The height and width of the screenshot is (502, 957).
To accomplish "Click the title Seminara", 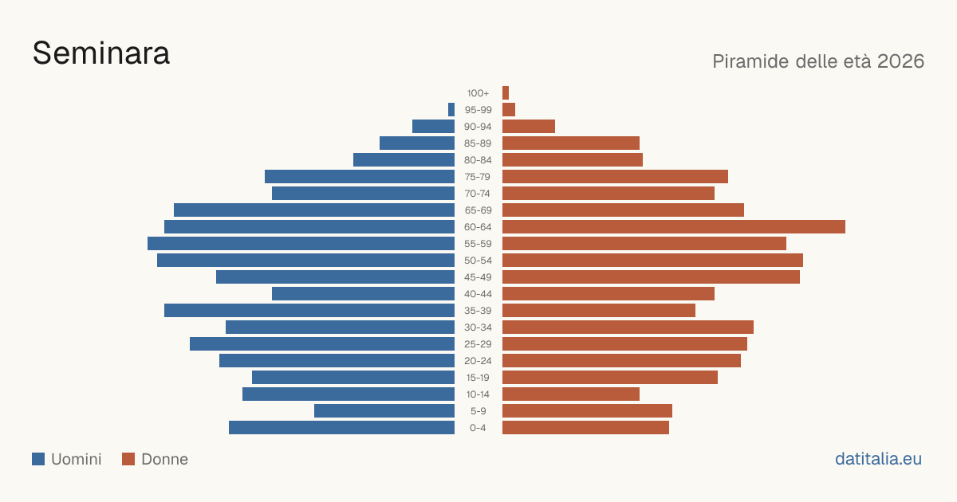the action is pyautogui.click(x=101, y=53).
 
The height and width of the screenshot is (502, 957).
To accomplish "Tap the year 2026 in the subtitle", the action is pyautogui.click(x=900, y=61).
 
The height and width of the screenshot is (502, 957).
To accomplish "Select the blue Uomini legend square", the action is pyautogui.click(x=38, y=459).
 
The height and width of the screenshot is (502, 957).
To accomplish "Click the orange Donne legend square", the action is pyautogui.click(x=128, y=459).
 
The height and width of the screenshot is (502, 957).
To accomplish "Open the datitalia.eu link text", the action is pyautogui.click(x=878, y=459).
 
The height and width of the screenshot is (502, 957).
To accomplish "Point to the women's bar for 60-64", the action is pyautogui.click(x=674, y=226).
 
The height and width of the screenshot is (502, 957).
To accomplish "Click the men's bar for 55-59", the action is pyautogui.click(x=301, y=243).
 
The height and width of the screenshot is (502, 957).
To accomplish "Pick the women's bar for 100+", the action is pyautogui.click(x=506, y=92).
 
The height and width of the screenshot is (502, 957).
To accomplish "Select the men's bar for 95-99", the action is pyautogui.click(x=451, y=110).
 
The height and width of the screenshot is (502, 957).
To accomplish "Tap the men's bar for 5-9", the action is pyautogui.click(x=384, y=410).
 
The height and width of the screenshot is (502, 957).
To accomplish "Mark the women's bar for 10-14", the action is pyautogui.click(x=571, y=394).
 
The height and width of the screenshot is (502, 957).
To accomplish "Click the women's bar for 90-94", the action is pyautogui.click(x=529, y=127).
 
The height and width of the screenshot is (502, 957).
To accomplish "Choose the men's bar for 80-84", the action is pyautogui.click(x=404, y=159).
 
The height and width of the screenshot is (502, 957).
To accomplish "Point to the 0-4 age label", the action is pyautogui.click(x=478, y=428).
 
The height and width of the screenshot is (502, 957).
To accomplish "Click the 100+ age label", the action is pyautogui.click(x=478, y=93).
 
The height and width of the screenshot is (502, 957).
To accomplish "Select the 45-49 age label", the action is pyautogui.click(x=478, y=277).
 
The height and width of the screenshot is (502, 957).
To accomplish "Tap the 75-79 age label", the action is pyautogui.click(x=478, y=177).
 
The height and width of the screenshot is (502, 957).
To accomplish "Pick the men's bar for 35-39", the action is pyautogui.click(x=309, y=310).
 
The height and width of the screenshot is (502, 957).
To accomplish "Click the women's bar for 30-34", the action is pyautogui.click(x=628, y=327).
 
